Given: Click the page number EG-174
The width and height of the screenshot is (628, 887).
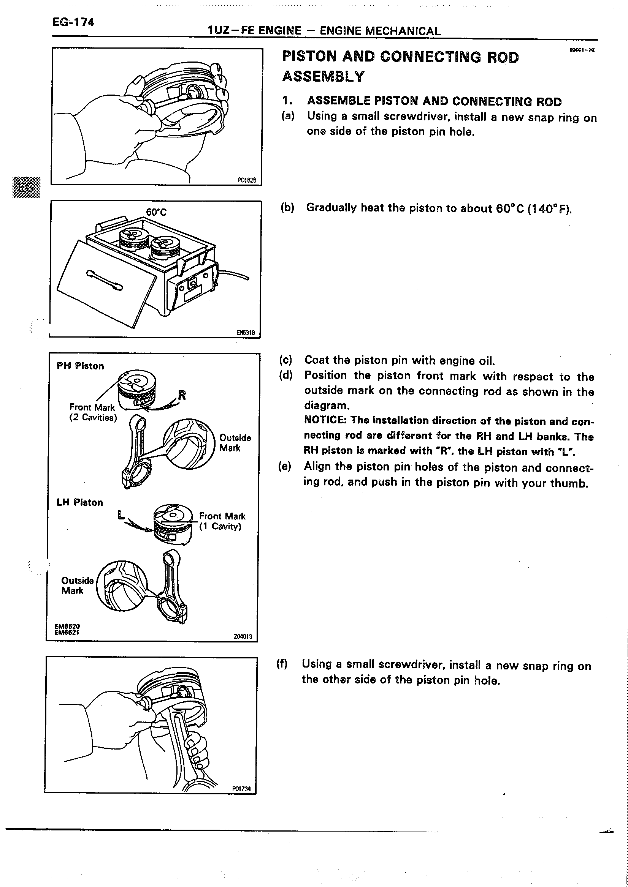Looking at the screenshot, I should click(x=73, y=22).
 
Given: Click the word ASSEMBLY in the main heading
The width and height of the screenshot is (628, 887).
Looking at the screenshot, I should click(x=323, y=76).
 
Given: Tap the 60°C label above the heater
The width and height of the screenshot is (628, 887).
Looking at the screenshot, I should click(x=156, y=212).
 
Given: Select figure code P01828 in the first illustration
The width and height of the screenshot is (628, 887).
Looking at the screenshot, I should click(x=247, y=180).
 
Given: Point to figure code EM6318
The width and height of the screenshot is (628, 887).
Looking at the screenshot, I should click(x=246, y=332).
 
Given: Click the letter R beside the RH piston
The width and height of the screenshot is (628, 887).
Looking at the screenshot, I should click(x=182, y=395).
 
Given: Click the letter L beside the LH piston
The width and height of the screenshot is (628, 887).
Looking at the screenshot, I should click(x=121, y=515).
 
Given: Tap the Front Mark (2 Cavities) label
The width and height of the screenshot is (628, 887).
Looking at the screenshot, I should click(x=92, y=412).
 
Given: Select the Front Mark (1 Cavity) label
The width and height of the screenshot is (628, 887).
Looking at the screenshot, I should click(x=222, y=521).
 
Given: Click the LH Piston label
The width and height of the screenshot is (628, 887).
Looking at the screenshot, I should click(x=80, y=502).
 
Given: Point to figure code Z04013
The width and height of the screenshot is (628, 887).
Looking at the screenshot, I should click(x=243, y=636).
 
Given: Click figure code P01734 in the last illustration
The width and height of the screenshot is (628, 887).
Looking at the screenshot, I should click(x=241, y=789).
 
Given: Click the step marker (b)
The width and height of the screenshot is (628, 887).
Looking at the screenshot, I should click(x=287, y=208).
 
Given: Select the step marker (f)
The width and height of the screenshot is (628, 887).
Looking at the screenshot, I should click(x=282, y=664).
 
